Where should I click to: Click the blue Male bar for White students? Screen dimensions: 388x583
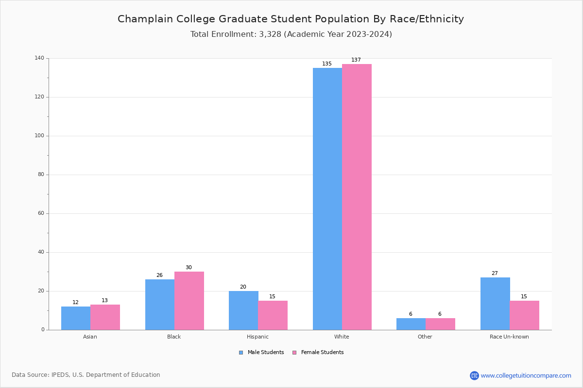pos(327,199)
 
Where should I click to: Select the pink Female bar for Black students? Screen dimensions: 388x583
pos(189,301)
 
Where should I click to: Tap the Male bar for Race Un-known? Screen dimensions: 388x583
pos(495,304)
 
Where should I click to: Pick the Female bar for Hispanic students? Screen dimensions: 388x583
pos(273,315)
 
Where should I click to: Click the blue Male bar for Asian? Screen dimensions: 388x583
pos(76,318)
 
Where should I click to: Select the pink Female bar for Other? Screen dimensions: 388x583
pos(440,324)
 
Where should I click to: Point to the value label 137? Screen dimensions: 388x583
pos(356,60)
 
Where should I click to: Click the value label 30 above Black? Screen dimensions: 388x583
pos(189,268)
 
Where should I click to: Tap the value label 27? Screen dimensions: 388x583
pos(495,274)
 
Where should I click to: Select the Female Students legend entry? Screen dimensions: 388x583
pos(318,353)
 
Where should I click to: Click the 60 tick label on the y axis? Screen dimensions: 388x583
pos(41,213)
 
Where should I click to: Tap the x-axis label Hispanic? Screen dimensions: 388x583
pos(257,337)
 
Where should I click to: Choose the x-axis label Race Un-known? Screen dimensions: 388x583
pos(509,337)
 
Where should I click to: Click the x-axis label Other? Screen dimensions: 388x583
pos(425,337)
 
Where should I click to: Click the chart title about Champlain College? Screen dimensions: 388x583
pos(291,19)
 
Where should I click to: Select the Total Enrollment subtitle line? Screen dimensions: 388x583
pos(291,34)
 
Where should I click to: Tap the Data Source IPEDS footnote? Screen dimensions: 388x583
pos(86,375)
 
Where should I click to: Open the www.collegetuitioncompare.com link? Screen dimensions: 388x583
pos(526,375)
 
